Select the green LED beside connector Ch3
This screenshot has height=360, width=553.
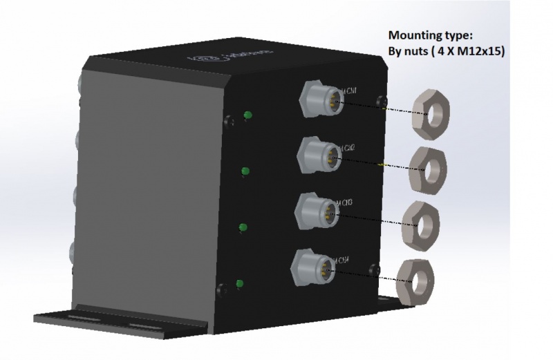[243, 227]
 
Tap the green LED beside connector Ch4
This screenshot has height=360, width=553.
[240, 283]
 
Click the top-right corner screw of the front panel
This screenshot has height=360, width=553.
[379, 102]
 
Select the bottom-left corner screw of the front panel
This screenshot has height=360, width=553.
[221, 289]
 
